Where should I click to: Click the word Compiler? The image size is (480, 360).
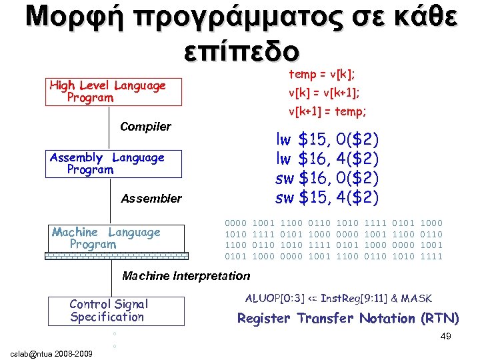click(145, 127)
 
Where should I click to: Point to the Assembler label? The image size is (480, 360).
click(151, 198)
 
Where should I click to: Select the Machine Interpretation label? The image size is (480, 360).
click(186, 275)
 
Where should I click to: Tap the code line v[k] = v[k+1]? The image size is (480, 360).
click(324, 93)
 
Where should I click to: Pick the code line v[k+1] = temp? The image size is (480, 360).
click(327, 111)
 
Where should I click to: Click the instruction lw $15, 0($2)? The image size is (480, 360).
click(327, 140)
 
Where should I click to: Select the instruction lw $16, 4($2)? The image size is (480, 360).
click(327, 159)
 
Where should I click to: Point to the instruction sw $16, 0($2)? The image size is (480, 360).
click(327, 179)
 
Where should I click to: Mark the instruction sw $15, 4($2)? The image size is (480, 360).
click(327, 198)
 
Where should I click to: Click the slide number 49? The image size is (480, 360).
click(446, 337)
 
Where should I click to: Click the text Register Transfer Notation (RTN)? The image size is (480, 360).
click(348, 319)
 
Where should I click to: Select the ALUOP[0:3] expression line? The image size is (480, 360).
click(339, 298)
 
